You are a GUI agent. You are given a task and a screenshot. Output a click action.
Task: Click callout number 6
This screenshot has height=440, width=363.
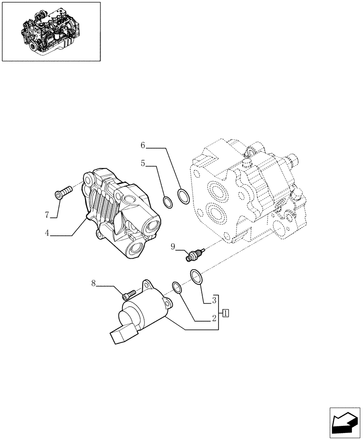tap(143, 145)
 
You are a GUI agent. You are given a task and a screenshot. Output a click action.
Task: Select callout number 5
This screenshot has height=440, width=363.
tap(143, 163)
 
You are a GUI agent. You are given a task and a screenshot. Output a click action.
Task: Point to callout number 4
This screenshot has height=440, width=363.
tap(46, 233)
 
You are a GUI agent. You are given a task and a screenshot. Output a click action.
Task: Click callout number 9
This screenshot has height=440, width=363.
tap(173, 247)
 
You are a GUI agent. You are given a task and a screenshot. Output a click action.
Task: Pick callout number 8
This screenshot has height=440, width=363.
tap(93, 283)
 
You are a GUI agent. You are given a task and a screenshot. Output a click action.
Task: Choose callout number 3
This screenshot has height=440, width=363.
tap(213, 301)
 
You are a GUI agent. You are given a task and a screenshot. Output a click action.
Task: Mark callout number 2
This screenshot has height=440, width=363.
tap(213, 318)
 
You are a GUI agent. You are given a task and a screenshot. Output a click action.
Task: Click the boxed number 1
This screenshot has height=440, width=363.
tap(225, 313)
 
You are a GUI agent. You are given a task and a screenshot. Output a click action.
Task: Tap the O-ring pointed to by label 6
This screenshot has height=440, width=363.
tap(184, 196)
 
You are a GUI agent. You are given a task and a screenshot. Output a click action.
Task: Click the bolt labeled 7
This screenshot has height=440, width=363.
tap(63, 192)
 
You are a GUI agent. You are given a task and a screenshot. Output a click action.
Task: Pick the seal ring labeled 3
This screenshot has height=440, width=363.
tap(196, 277)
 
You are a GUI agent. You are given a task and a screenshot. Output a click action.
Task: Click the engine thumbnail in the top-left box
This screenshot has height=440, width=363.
tap(51, 32)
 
